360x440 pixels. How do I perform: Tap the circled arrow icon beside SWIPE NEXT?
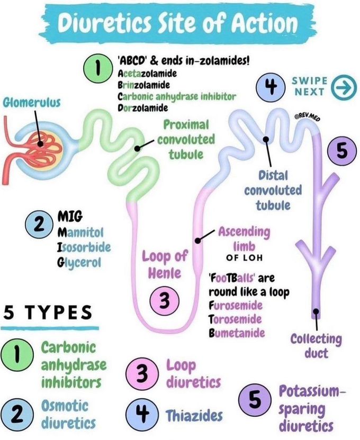343,89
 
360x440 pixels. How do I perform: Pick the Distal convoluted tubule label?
273,190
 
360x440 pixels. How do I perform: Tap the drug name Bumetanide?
236,334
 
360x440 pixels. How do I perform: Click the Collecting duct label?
316,345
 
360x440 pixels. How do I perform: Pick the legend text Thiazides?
195,416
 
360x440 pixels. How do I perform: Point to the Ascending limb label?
244,239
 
